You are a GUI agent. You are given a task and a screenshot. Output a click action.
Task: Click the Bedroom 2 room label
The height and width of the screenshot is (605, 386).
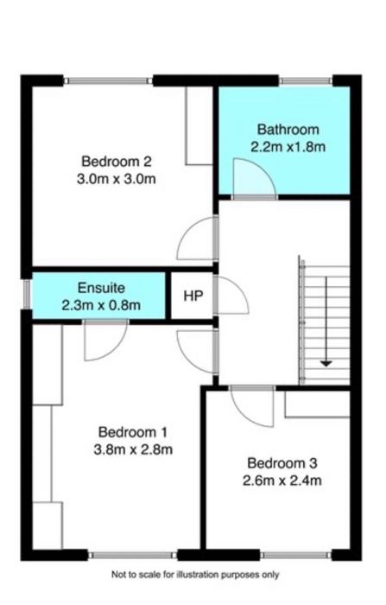(117, 162)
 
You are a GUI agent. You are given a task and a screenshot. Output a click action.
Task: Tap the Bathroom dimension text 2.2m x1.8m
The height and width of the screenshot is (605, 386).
(288, 147)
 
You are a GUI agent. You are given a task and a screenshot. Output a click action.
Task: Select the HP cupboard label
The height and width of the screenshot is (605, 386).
(193, 296)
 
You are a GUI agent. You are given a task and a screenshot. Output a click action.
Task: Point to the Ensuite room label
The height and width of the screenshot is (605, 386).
(101, 288)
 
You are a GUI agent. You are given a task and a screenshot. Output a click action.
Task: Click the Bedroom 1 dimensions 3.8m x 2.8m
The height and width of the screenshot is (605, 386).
(133, 449)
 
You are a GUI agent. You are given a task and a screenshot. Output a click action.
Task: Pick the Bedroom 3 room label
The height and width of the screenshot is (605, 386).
(282, 462)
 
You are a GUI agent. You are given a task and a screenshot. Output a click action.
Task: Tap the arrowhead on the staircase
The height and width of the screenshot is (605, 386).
(326, 363)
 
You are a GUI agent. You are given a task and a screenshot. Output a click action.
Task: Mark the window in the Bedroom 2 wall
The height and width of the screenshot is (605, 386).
(108, 80)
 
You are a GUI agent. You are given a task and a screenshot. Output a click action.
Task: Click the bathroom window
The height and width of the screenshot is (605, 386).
(306, 80)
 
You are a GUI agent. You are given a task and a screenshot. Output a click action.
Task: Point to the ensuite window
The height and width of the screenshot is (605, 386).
(27, 295)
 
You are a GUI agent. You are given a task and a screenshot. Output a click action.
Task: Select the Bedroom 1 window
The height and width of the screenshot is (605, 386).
(133, 555)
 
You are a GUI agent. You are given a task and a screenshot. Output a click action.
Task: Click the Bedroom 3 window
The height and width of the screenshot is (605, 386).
(296, 555)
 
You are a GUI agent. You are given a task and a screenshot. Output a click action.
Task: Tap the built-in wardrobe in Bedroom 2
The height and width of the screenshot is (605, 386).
(199, 126)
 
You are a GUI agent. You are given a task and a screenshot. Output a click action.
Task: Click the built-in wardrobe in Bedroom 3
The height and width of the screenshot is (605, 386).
(318, 404)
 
